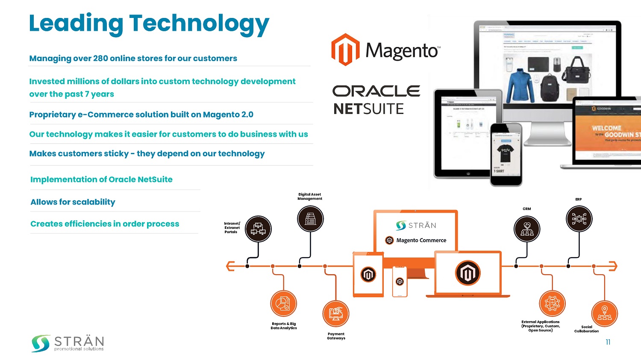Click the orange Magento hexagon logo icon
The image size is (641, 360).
(x=345, y=50)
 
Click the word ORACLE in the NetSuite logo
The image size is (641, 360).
(x=376, y=91)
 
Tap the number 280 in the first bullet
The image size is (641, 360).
(x=100, y=59)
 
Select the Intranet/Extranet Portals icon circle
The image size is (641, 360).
(x=258, y=229)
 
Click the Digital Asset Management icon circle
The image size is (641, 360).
(x=310, y=219)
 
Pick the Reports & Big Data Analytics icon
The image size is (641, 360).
(x=283, y=304)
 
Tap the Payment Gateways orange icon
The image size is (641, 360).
(x=336, y=314)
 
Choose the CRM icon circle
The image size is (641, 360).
(x=527, y=229)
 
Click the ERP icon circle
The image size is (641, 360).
(x=579, y=219)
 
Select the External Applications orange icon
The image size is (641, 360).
(x=552, y=304)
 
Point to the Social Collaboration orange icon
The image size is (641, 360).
(x=604, y=314)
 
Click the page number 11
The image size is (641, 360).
(x=608, y=342)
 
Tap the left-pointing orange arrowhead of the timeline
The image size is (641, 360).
(x=230, y=266)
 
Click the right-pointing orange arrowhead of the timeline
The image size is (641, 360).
(x=613, y=266)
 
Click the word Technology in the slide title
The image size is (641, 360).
(x=199, y=24)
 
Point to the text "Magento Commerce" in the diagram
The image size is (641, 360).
(x=421, y=240)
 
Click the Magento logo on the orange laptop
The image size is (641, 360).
(x=468, y=273)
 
